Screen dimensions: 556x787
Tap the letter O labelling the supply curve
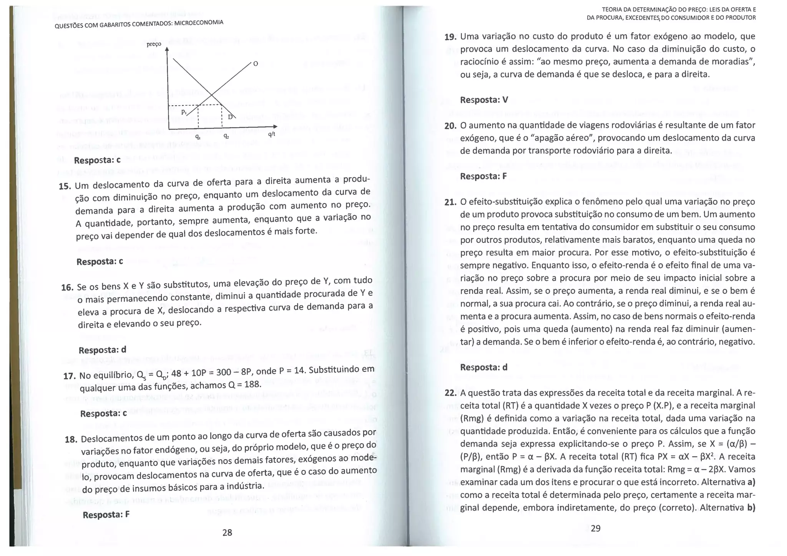pyautogui.click(x=256, y=63)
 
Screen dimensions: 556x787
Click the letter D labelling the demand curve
pyautogui.click(x=230, y=117)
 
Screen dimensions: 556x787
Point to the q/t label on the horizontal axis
pyautogui.click(x=272, y=134)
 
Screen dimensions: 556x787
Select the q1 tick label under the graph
pyautogui.click(x=198, y=136)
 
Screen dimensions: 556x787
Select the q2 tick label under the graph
pyautogui.click(x=226, y=136)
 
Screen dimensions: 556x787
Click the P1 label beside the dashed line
pyautogui.click(x=184, y=112)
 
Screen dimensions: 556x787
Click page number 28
pyautogui.click(x=227, y=532)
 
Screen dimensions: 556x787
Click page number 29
pyautogui.click(x=595, y=528)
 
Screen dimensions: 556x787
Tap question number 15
pyautogui.click(x=65, y=187)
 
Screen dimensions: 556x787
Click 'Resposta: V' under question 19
pyautogui.click(x=484, y=100)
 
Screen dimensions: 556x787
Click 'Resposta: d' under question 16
pyautogui.click(x=102, y=350)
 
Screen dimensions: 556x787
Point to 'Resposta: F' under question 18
pyautogui.click(x=106, y=515)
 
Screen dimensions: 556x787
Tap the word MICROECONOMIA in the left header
pyautogui.click(x=199, y=23)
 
